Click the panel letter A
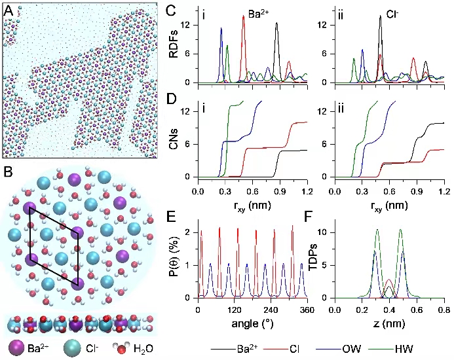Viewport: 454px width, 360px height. [9, 10]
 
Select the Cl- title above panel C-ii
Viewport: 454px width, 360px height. [394, 11]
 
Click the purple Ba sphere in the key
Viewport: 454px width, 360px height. [12, 347]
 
